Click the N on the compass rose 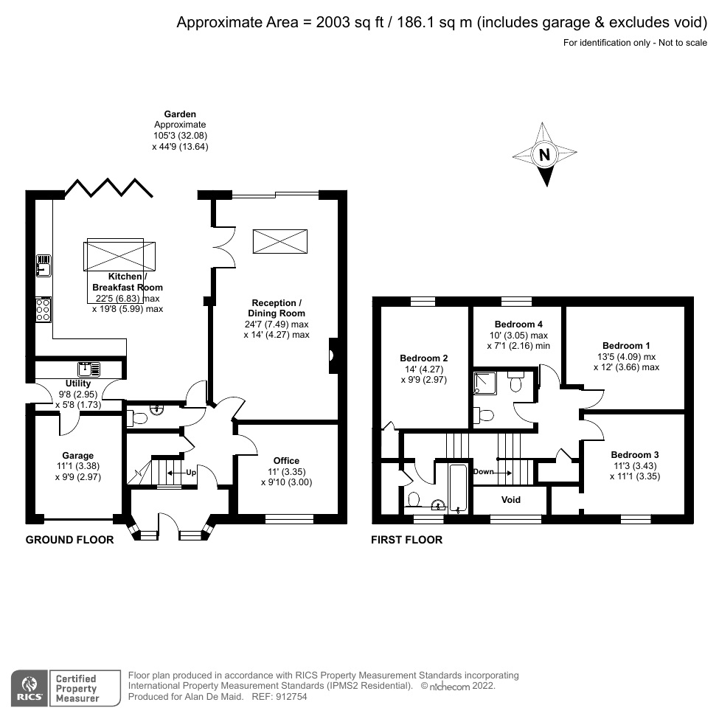tap(544, 155)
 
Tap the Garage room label tap(78, 456)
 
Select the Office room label tap(286, 461)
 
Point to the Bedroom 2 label tap(424, 358)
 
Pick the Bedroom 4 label tap(518, 324)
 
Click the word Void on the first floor tap(511, 500)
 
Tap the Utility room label tap(78, 383)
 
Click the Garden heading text tap(180, 114)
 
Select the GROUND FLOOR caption tap(70, 540)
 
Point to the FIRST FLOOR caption tap(406, 540)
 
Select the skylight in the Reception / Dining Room tap(281, 241)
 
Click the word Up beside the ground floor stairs tap(190, 472)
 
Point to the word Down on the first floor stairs tap(483, 472)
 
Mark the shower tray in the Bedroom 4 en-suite tap(486, 382)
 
